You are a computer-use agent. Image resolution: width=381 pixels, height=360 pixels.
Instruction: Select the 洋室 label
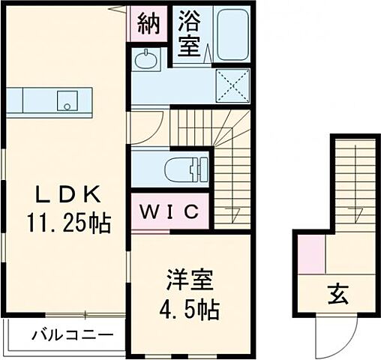(190, 283)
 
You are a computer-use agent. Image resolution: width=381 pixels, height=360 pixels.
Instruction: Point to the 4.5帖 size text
(190, 308)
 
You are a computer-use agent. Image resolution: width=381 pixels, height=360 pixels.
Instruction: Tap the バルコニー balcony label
(72, 334)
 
